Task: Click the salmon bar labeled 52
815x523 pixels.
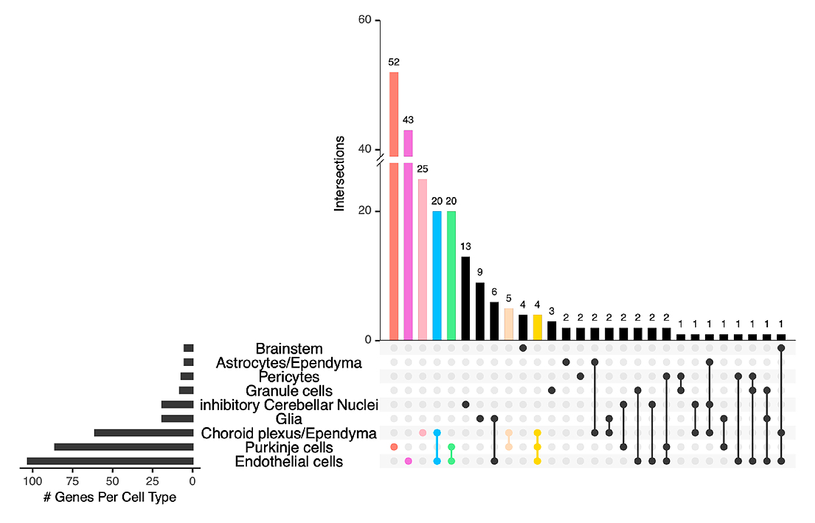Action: pos(394,206)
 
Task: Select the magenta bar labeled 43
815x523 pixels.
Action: pos(408,235)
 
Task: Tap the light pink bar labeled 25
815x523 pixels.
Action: pos(422,259)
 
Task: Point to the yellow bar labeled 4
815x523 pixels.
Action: pos(537,327)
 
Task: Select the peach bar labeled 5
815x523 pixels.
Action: pos(509,324)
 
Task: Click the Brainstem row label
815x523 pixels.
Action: pos(289,349)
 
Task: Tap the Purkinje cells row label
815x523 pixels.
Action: pos(289,448)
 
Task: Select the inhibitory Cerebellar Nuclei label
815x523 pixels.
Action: pos(289,405)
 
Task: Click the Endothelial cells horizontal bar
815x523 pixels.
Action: pos(110,461)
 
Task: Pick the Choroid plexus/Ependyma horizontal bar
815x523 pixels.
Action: pos(143,433)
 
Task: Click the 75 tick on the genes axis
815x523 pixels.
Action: pos(72,481)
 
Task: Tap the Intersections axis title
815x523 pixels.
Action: pos(339,174)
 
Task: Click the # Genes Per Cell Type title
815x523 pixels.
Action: pos(110,498)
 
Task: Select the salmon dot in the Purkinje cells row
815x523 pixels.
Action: pos(394,447)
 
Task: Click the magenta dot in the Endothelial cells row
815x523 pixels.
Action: pos(408,461)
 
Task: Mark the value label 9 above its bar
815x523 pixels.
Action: pos(480,272)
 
